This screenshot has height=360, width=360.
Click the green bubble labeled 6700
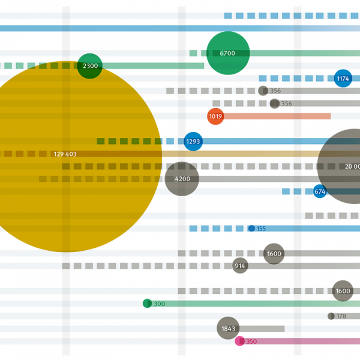[x=228, y=53]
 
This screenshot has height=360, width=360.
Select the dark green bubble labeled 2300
[x=90, y=66]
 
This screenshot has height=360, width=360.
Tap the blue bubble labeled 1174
[x=343, y=79]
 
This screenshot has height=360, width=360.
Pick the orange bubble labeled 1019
[x=215, y=116]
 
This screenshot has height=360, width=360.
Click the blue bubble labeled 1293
[x=193, y=142]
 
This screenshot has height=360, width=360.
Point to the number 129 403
[x=65, y=154]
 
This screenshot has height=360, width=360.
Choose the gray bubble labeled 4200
[x=182, y=179]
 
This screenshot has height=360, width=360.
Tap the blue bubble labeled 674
[x=320, y=191]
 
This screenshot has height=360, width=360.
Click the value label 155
[x=261, y=229]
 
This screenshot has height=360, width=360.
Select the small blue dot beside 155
[x=251, y=229]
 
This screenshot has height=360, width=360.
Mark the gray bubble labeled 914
[x=240, y=266]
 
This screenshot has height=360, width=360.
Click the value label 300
[x=159, y=304]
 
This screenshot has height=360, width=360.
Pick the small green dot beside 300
[x=147, y=304]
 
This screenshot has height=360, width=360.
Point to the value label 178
[x=341, y=316]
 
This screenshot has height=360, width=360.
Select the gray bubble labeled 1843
[x=228, y=329]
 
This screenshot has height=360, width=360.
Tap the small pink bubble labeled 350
[x=240, y=341]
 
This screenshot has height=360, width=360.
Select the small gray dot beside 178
[x=331, y=316]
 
